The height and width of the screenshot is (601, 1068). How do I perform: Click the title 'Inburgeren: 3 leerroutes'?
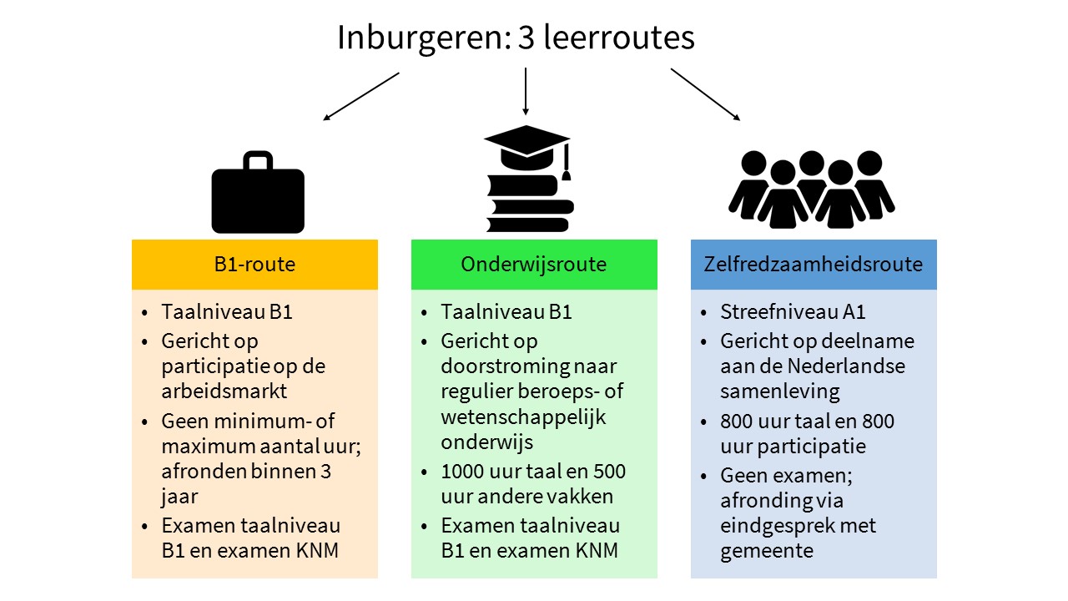(516, 38)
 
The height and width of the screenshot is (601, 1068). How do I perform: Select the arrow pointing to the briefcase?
(361, 96)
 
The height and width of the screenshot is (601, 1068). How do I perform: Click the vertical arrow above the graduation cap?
(526, 91)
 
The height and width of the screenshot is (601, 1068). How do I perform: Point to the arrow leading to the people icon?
(705, 94)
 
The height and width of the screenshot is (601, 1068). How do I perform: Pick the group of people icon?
(811, 190)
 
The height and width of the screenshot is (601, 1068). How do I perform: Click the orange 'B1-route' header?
(254, 265)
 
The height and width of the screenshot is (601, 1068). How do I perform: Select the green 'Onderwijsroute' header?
(534, 265)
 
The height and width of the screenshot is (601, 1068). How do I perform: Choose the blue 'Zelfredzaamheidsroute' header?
(814, 265)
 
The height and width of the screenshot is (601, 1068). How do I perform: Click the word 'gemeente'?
(766, 551)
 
